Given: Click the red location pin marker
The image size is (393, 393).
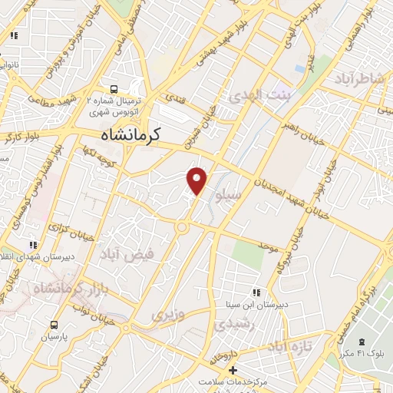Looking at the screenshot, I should coord(197,180).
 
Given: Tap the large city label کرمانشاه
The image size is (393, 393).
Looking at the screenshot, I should coord(130,134).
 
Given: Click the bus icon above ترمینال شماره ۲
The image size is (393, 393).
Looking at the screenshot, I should coord(114,89).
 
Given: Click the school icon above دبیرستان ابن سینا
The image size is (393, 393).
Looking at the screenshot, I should coord(256,292).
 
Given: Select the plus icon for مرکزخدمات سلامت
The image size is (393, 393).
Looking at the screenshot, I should coord(233,371).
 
